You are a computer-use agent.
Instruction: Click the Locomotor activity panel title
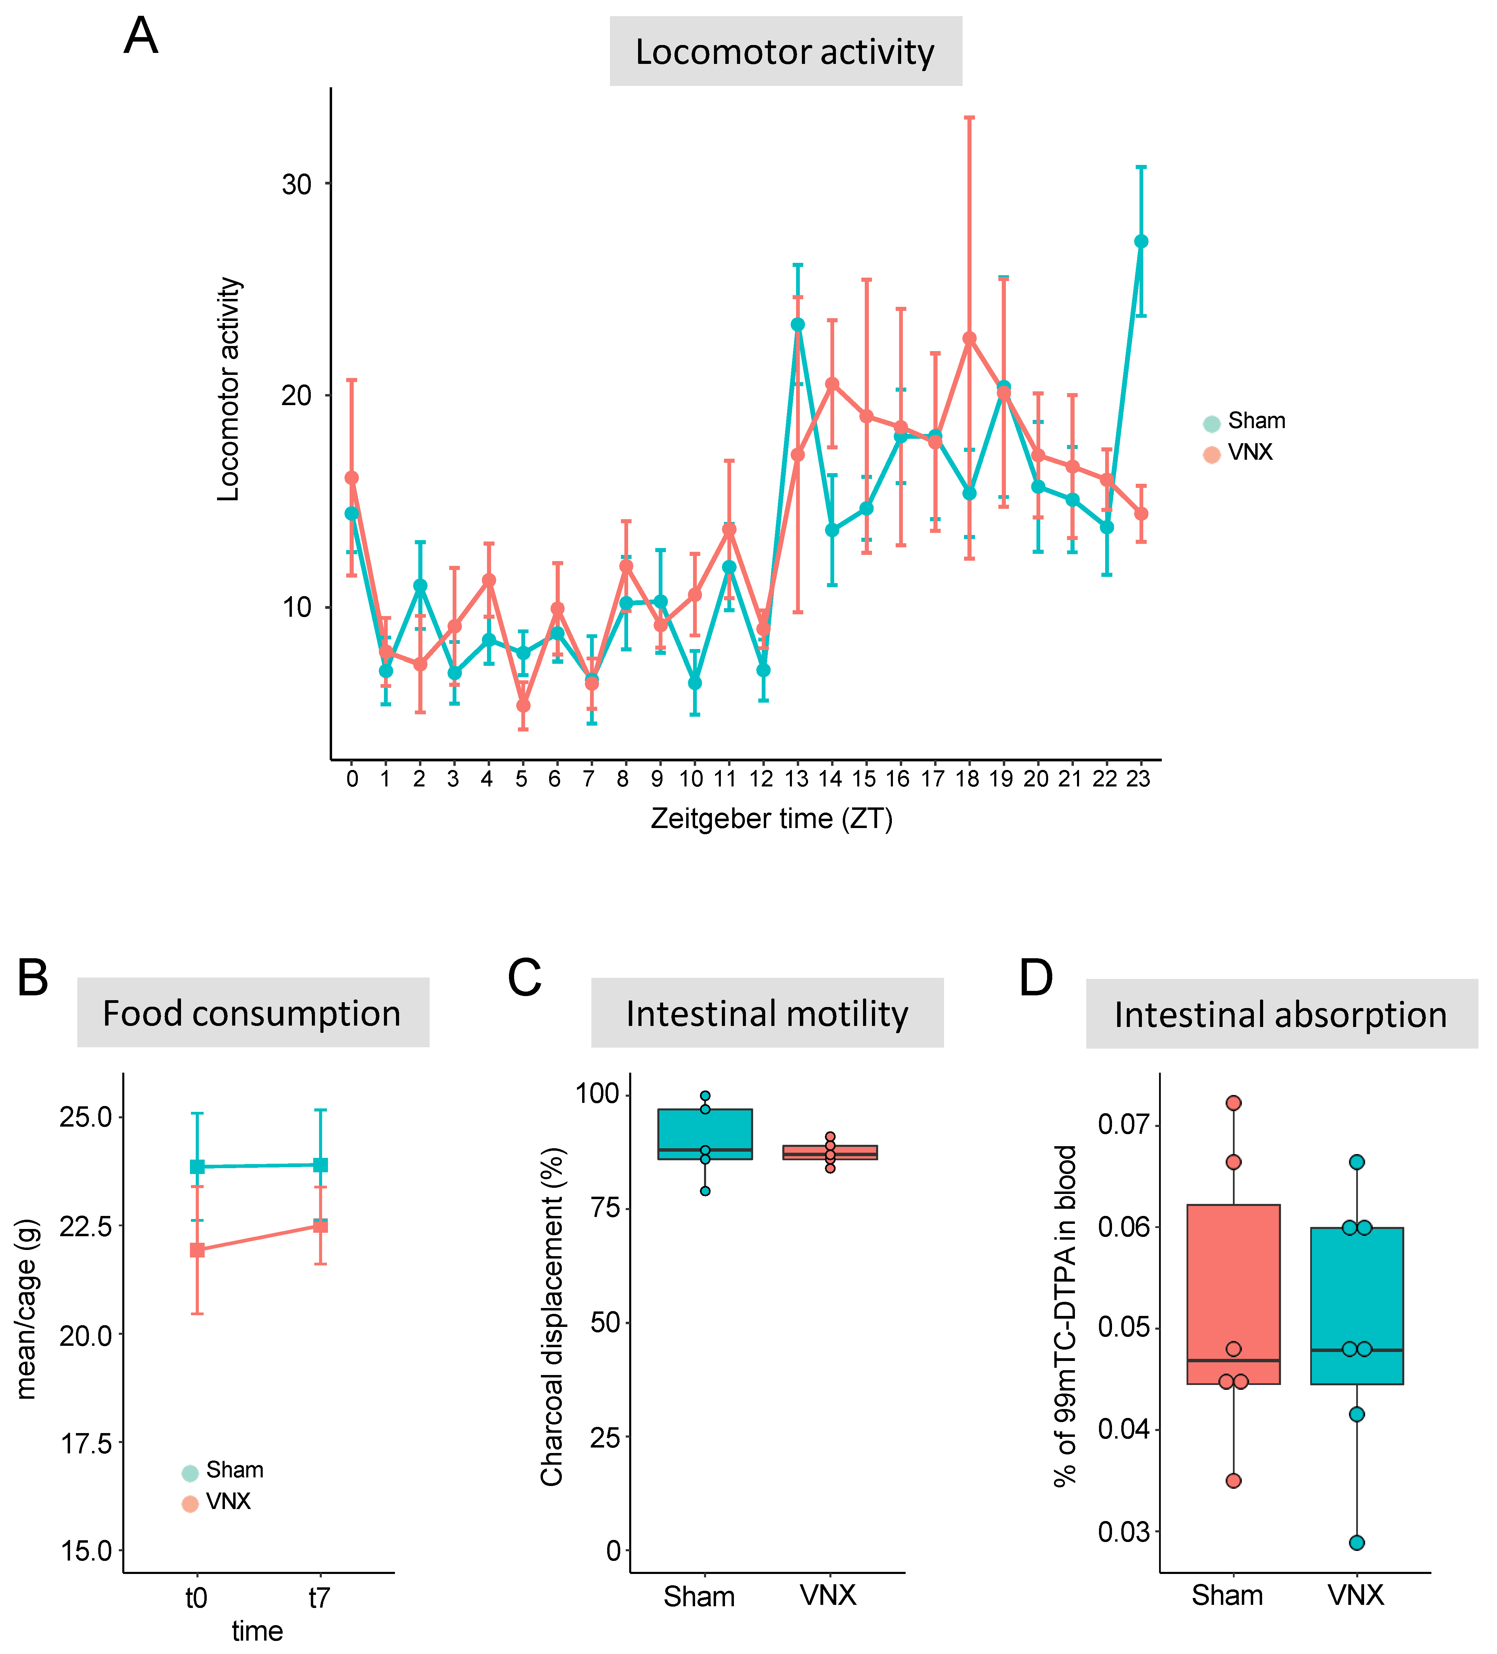point(785,52)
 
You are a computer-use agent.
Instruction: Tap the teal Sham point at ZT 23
point(1140,241)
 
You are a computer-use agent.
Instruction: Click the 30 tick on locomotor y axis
point(297,184)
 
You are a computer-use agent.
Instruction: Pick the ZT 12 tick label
point(761,779)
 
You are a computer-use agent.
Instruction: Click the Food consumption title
point(252,1013)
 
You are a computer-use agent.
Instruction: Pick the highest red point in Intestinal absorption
point(1233,1103)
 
